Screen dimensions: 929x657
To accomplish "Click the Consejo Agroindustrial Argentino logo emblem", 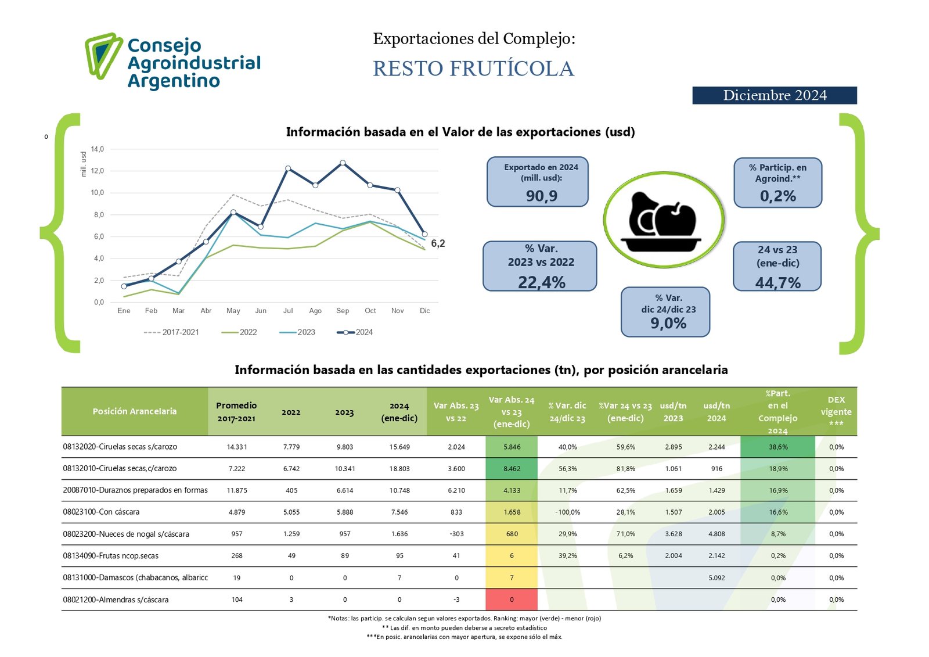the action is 104,56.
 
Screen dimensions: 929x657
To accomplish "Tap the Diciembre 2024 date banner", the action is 775,95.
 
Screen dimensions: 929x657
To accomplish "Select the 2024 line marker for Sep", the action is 343,163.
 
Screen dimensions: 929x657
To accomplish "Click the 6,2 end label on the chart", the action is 438,243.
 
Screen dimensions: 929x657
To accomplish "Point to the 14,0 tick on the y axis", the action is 98,149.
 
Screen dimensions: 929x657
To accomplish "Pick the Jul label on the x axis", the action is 288,310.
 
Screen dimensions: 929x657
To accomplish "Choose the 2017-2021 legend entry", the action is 171,332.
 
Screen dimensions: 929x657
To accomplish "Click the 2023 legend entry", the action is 297,332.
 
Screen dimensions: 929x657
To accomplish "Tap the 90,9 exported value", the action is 541,196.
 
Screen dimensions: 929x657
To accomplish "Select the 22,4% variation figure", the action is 541,282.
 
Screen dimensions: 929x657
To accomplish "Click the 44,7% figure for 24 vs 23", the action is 777,283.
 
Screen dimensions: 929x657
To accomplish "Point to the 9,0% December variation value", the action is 668,323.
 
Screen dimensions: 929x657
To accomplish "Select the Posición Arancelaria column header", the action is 134,411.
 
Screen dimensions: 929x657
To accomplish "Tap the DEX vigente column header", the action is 836,411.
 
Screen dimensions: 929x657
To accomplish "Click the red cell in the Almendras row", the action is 512,599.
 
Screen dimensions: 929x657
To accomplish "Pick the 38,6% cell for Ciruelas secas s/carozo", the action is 778,447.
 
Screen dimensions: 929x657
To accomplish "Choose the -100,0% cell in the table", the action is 567,512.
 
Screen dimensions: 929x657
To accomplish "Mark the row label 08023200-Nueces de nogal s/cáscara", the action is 126,534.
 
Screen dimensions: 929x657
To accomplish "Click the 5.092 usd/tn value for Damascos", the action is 716,578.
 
